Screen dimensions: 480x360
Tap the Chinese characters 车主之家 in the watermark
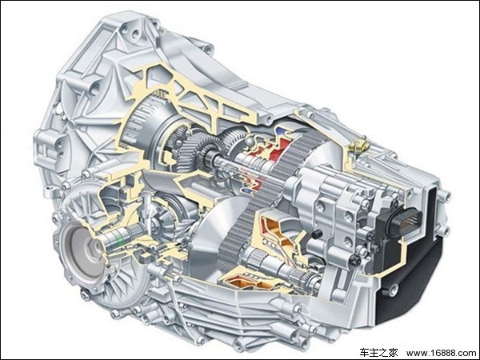click(378, 352)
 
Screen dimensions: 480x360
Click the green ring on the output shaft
click(122, 238)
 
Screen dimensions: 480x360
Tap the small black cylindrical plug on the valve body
click(316, 234)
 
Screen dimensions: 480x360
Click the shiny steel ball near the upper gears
click(249, 141)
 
